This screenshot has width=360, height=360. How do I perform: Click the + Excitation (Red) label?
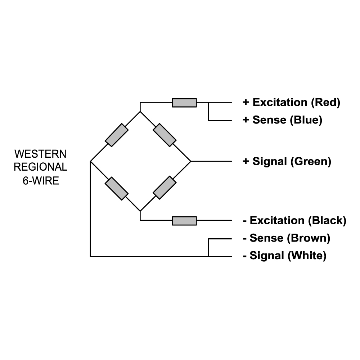(291, 102)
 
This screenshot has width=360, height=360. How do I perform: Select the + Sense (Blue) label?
(282, 120)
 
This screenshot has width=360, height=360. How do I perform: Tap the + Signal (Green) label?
(287, 161)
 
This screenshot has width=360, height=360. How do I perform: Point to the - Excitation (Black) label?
(294, 220)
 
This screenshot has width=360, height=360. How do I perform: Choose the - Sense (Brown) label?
(287, 238)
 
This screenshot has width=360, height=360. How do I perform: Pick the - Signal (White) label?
(284, 256)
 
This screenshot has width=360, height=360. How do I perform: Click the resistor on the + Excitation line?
(184, 103)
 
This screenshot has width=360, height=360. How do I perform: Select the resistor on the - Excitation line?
(184, 220)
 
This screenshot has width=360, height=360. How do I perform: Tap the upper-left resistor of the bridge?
(117, 135)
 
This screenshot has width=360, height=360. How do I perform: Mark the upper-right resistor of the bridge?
(165, 135)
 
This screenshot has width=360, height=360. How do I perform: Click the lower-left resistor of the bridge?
(117, 188)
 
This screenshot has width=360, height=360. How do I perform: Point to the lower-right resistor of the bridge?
(165, 188)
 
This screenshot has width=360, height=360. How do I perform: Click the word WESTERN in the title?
(40, 154)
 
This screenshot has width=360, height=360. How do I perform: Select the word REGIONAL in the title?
(40, 167)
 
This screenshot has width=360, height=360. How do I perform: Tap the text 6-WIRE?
(41, 181)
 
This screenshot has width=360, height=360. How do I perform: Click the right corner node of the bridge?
(190, 161)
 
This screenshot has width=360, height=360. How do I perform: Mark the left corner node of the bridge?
(90, 161)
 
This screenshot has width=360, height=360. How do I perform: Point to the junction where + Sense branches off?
(208, 103)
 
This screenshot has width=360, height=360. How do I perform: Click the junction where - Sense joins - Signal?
(208, 256)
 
